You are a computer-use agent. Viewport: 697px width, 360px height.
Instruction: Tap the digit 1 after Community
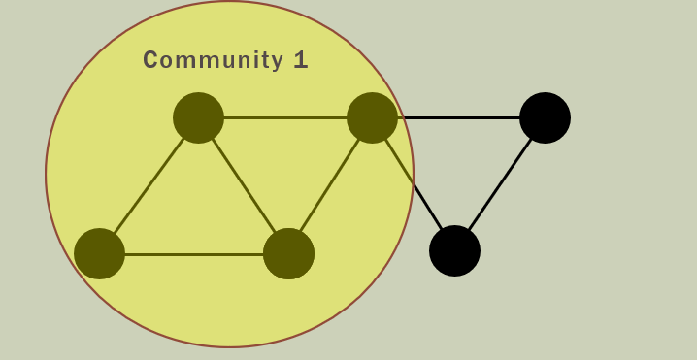tap(301, 60)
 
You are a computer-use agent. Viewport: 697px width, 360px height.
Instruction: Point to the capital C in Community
tap(151, 60)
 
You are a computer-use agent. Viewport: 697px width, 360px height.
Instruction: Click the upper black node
tap(545, 117)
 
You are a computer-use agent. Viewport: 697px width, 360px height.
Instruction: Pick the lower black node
tap(454, 250)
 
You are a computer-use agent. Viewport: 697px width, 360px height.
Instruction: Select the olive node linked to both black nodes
tap(372, 117)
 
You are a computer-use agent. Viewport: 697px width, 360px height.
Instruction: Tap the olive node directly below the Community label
tap(198, 117)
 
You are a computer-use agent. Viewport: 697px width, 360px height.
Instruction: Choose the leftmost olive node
tap(99, 253)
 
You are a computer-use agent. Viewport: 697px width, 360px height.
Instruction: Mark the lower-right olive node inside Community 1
tap(288, 253)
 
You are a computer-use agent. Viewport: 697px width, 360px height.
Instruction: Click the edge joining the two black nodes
tap(500, 184)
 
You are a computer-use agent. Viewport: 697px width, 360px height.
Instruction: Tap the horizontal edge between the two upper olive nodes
tap(285, 117)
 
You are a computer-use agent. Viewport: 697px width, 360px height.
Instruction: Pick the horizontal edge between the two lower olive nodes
tap(194, 254)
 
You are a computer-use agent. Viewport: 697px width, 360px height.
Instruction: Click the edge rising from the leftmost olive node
tap(149, 185)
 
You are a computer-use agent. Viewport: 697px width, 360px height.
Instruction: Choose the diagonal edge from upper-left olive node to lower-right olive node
tap(243, 185)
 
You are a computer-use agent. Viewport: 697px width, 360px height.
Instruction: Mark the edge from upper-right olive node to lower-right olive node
tap(330, 185)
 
